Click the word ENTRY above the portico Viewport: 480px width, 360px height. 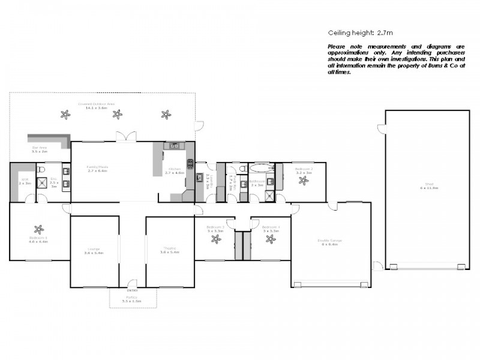tap(132, 283)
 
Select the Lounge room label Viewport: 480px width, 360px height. tap(95, 251)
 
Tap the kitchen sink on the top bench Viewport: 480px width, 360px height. tap(174, 146)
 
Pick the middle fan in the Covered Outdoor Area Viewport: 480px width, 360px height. tap(118, 113)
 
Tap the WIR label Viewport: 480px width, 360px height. tap(25, 181)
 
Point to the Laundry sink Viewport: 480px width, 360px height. tap(199, 177)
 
